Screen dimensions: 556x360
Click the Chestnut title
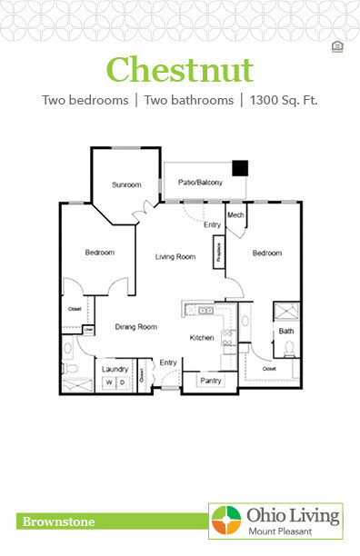tap(179, 68)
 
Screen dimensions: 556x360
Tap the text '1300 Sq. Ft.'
tap(284, 100)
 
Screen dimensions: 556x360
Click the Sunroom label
tap(126, 185)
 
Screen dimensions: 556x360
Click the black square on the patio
tap(240, 168)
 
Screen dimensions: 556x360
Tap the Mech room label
tap(235, 215)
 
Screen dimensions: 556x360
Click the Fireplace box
tap(218, 249)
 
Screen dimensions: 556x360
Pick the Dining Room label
tap(135, 327)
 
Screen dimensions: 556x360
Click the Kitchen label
tap(201, 338)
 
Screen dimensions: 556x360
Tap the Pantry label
tap(211, 381)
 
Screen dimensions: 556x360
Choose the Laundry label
tap(114, 369)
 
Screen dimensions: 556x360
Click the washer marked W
tap(107, 383)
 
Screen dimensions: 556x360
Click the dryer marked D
tap(120, 383)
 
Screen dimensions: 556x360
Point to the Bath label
tap(285, 332)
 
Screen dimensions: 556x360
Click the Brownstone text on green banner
tap(56, 521)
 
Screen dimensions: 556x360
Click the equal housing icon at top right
tap(338, 45)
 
